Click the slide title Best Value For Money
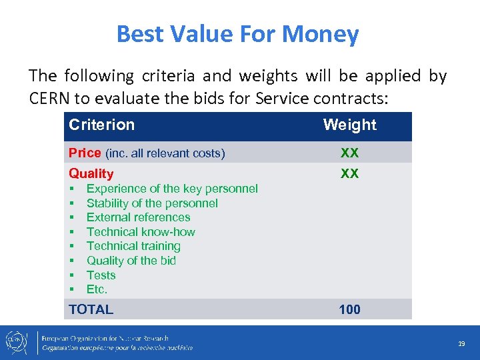click(237, 33)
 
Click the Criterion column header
click(101, 125)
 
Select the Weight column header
click(349, 125)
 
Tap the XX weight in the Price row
click(349, 153)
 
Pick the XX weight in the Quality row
click(349, 173)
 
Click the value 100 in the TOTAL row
click(349, 309)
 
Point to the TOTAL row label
click(91, 309)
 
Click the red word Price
click(85, 153)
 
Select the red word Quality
click(91, 173)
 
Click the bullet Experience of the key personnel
click(171, 189)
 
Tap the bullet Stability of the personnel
click(152, 203)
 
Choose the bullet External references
click(138, 217)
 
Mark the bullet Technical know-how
click(141, 232)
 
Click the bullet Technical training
click(143, 246)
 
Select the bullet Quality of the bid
click(131, 261)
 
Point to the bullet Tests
click(101, 275)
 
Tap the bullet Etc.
click(97, 289)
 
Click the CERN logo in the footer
click(15, 342)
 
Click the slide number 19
click(461, 343)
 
